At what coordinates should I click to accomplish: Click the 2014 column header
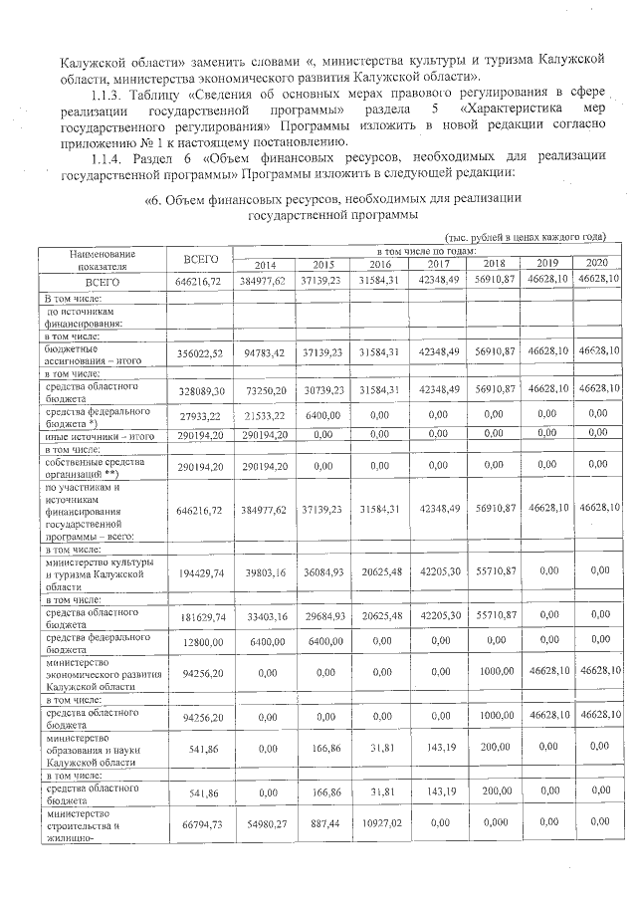(265, 265)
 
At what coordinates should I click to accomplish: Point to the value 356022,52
(200, 352)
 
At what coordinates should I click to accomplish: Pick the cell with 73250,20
(265, 391)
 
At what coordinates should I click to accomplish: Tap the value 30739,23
(323, 391)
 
